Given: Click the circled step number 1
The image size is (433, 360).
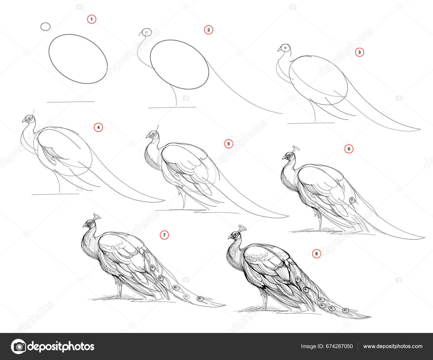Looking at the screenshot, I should (x=92, y=19).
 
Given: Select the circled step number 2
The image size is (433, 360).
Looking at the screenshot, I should (x=208, y=30).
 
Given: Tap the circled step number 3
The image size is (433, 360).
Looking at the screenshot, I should (x=359, y=52).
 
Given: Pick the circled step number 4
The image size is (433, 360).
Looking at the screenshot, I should (x=99, y=127).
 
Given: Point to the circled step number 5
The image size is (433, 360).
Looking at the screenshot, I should (x=229, y=144).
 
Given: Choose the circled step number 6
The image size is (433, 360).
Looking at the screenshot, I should (x=349, y=149).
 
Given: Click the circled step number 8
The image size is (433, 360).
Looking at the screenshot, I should (x=316, y=253).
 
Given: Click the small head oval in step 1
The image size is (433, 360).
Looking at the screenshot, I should (x=45, y=27).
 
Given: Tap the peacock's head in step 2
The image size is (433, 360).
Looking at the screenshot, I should (x=146, y=32).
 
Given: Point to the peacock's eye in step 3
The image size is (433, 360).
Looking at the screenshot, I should (x=285, y=48).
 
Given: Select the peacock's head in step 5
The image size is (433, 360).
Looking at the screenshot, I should (x=152, y=134).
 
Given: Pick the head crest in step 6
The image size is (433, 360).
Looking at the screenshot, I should (x=296, y=148).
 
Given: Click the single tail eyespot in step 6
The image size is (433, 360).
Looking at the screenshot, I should (x=352, y=200).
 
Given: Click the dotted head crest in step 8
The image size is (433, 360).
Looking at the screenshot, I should (x=242, y=228).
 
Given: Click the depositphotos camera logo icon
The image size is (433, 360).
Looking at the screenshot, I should (x=18, y=346).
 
